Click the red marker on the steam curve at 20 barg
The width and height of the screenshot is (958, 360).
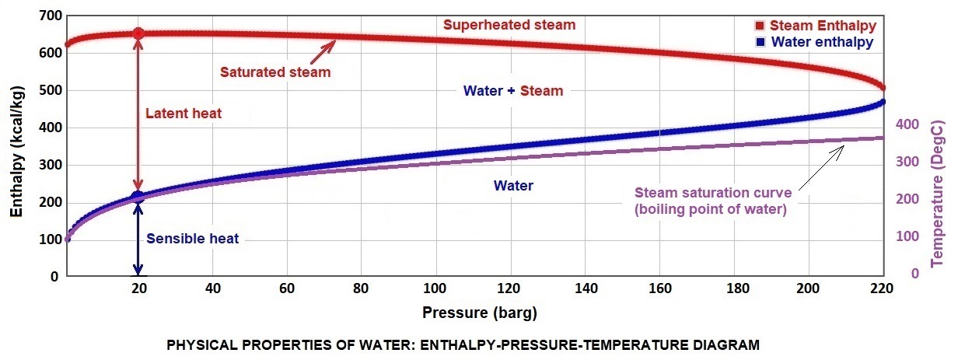pos(138,33)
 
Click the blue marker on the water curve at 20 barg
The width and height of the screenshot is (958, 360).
pos(138,197)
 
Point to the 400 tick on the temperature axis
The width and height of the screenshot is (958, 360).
pos(909,124)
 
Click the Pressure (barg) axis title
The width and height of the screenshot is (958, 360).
pos(479,314)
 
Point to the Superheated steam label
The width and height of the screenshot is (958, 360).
pos(509,25)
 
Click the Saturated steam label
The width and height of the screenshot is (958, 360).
pos(274,72)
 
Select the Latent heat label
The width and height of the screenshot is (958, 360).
pos(184,114)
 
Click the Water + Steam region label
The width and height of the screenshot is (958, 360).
pos(512,91)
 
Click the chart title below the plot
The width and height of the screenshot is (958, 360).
pos(463,344)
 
